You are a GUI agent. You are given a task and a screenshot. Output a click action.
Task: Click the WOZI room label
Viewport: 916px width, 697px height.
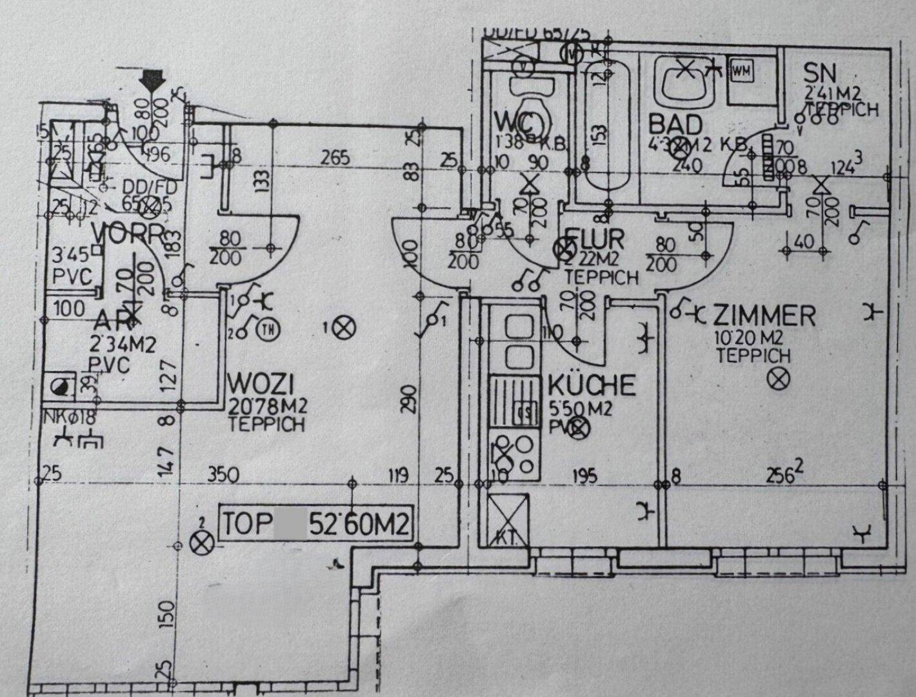coord(261,386)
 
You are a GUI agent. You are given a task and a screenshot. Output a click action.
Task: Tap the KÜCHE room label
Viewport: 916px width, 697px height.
coord(592,385)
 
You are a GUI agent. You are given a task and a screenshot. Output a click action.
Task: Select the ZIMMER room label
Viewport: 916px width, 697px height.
coord(764,316)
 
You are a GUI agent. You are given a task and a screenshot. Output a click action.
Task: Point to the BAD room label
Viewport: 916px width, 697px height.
coord(675,123)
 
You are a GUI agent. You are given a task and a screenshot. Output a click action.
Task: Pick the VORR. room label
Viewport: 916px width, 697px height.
coord(128,234)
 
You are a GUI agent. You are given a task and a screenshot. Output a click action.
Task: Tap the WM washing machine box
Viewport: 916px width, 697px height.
coord(741,71)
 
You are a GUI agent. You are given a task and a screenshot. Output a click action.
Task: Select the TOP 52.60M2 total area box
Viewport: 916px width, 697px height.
coord(315,523)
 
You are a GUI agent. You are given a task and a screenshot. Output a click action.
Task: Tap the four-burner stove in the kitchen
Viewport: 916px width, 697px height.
coord(515,456)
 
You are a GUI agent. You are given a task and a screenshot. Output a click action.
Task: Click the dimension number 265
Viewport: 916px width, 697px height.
coord(337,157)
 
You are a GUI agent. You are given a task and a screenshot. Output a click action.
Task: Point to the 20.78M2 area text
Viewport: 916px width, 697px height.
coord(268,407)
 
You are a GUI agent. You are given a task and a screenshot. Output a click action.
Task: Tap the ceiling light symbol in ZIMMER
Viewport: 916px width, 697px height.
coord(779,379)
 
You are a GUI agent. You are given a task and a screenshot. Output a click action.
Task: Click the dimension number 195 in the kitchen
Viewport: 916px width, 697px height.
coord(584,476)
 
